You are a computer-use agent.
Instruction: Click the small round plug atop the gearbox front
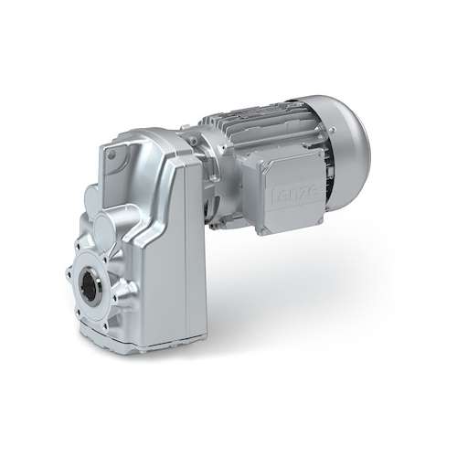(x=112, y=155)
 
